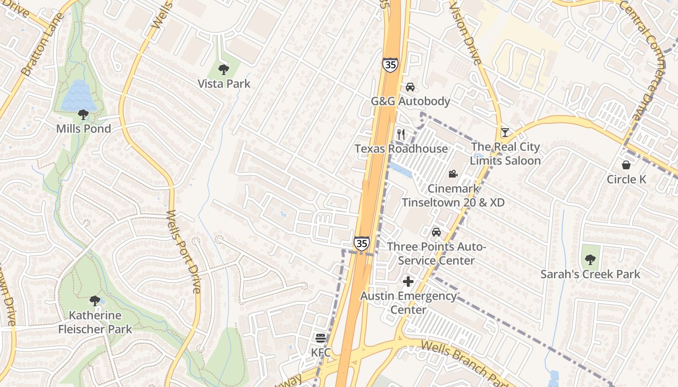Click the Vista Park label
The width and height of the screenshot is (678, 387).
tap(224, 84)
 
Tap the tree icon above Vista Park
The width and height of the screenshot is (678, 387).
tap(223, 70)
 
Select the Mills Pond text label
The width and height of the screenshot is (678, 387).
tap(83, 129)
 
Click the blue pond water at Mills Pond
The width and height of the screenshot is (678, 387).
tap(77, 96)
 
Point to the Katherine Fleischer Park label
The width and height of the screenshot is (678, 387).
tap(95, 322)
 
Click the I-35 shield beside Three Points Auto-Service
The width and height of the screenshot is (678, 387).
tap(361, 243)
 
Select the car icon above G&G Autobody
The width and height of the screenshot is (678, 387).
tap(410, 87)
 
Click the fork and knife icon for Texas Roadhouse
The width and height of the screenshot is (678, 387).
tap(401, 134)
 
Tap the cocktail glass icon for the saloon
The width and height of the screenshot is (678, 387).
tap(505, 132)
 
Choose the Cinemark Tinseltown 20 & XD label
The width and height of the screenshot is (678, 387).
tap(453, 195)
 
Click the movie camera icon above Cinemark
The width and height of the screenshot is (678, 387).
tap(453, 174)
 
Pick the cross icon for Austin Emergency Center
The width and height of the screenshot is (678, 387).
tap(408, 281)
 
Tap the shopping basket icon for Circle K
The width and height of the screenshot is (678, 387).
tap(626, 165)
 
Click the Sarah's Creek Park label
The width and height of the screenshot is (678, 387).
tap(590, 274)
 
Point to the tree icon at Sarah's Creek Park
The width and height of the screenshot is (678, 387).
tap(590, 260)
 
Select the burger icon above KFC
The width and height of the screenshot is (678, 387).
tap(320, 338)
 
